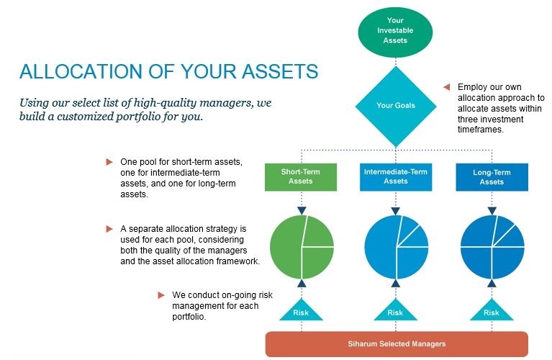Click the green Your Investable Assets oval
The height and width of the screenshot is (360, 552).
396,30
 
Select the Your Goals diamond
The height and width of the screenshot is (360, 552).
396,105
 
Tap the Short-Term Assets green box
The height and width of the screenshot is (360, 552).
300,177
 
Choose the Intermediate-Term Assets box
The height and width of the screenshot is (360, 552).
395,177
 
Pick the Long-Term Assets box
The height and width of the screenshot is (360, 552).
492,177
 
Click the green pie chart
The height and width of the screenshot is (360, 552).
302,247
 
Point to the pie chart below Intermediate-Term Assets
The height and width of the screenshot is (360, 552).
396,247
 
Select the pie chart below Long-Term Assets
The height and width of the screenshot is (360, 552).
492,247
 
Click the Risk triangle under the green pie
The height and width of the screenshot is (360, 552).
301,312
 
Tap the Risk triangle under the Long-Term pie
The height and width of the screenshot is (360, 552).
492,312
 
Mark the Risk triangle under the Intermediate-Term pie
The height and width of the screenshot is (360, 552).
396,312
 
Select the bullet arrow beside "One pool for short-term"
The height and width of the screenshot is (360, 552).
109,161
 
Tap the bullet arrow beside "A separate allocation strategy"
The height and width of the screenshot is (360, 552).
109,228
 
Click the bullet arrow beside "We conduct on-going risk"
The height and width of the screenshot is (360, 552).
161,294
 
